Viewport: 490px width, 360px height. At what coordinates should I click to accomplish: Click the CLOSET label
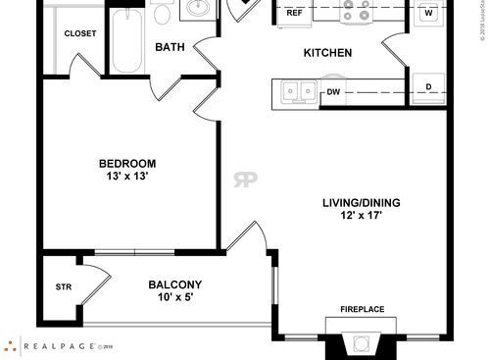[80, 33]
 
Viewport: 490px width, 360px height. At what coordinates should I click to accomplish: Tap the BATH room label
[171, 47]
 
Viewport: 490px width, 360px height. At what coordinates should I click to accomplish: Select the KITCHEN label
[327, 53]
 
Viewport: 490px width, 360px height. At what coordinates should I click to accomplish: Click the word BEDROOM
[127, 163]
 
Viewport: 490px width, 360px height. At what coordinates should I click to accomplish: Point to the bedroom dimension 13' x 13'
[127, 178]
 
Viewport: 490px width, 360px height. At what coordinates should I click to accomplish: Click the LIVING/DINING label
[362, 204]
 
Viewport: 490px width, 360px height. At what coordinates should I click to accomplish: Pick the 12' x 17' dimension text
[362, 217]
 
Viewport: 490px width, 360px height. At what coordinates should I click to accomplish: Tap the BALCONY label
[175, 284]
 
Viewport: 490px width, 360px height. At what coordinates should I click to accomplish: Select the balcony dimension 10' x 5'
[175, 297]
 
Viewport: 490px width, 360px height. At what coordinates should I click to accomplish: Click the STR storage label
[63, 287]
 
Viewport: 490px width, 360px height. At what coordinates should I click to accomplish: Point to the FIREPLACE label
[362, 310]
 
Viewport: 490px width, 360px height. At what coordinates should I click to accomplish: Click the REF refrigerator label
[294, 14]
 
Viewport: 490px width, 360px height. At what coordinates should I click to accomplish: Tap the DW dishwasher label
[333, 92]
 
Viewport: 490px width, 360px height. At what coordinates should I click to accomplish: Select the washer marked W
[428, 13]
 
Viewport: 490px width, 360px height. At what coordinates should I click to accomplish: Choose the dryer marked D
[428, 87]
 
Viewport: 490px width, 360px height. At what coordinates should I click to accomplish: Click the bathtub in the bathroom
[128, 41]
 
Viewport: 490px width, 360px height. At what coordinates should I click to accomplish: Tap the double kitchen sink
[298, 91]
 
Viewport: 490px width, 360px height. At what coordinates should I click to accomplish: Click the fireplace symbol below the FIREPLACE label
[362, 343]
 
